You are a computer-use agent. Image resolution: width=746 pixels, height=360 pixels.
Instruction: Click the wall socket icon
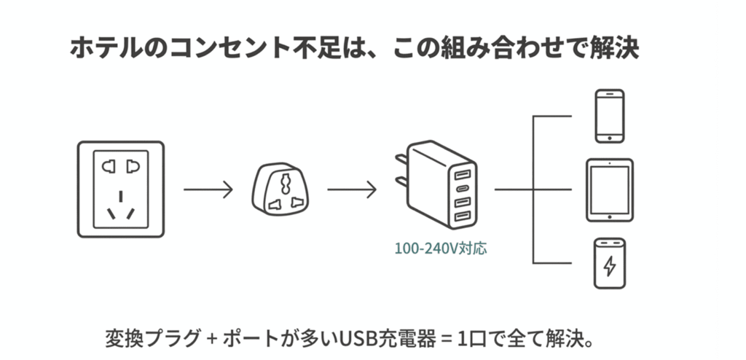(121, 189)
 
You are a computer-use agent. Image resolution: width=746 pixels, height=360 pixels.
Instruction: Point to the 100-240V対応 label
(441, 248)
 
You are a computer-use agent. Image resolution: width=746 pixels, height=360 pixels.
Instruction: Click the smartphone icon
(610, 115)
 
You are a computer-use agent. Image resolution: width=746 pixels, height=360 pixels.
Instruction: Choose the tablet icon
(610, 189)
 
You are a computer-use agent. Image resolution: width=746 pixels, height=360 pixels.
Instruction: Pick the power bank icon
(610, 264)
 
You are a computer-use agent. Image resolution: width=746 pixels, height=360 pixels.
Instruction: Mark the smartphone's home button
(610, 136)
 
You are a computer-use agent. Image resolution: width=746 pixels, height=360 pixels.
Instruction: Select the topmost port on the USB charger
(461, 175)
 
